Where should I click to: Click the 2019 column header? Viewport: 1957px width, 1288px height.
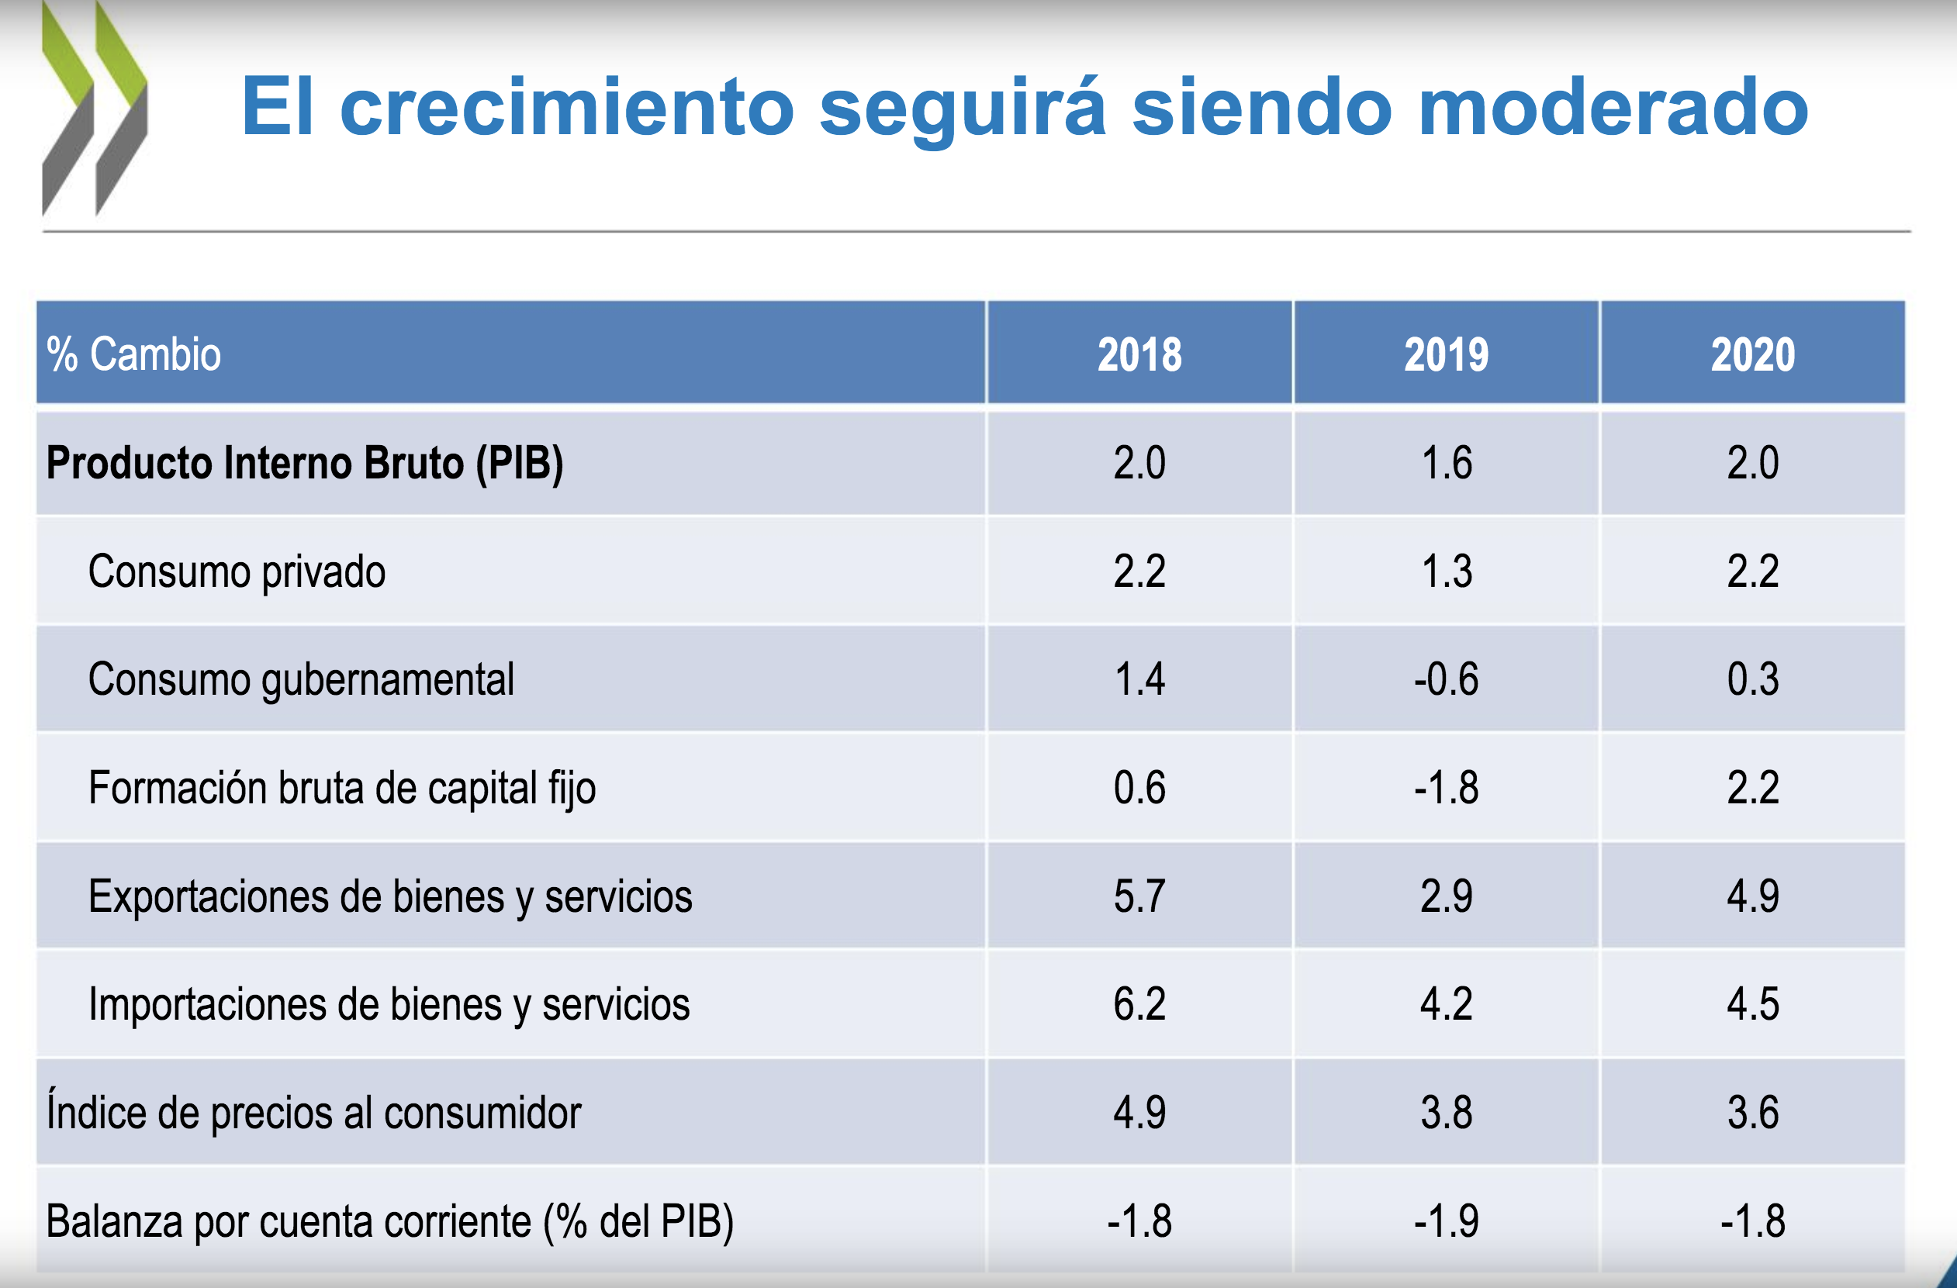click(1446, 354)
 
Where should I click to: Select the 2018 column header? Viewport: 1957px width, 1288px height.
click(1139, 354)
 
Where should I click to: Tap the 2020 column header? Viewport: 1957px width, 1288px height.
click(1752, 354)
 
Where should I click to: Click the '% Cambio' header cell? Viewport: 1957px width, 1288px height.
click(134, 354)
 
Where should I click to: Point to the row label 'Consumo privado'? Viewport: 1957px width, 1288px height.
click(237, 571)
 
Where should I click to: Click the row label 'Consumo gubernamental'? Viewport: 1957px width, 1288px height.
click(301, 680)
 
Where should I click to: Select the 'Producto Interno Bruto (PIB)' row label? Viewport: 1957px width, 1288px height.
click(304, 463)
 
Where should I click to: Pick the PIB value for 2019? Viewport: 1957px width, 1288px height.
click(1447, 463)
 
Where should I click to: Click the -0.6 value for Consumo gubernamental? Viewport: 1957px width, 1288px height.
click(1446, 680)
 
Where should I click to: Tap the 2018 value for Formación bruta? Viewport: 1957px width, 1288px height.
click(1139, 787)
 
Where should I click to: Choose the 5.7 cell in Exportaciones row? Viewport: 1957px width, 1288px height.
click(1139, 896)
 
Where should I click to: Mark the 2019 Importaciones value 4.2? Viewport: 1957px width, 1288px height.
click(1446, 1003)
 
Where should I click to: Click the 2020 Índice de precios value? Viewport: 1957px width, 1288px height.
click(1752, 1112)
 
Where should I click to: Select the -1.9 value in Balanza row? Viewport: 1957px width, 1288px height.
click(1446, 1221)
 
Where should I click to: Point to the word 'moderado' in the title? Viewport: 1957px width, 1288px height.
click(1613, 107)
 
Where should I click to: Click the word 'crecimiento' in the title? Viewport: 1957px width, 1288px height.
click(566, 107)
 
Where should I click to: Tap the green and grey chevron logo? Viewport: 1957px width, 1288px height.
click(95, 109)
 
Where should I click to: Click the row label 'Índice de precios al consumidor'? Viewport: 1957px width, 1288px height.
click(313, 1112)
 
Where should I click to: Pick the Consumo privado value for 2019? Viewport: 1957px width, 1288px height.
click(1447, 571)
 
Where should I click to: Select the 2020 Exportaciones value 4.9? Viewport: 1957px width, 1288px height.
click(1752, 896)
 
